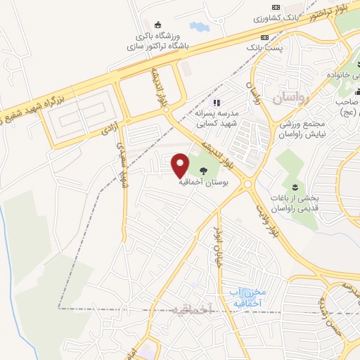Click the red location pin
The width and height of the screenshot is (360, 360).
[180, 165]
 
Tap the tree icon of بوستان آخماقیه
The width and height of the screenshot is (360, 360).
[204, 170]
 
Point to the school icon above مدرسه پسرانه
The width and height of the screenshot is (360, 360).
[218, 103]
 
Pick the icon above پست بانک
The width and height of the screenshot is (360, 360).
[264, 37]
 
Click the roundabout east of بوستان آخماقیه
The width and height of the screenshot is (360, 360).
[248, 184]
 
